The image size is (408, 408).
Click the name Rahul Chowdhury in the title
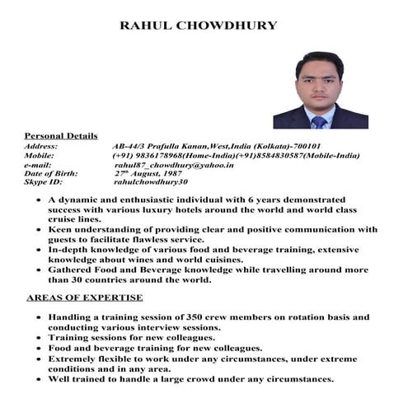199,26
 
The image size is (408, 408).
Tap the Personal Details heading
61,135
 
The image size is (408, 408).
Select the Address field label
41,145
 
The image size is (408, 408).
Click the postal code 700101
313,145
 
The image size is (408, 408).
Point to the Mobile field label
40,155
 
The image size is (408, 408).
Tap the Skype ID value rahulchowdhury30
151,182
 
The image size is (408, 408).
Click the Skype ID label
43,182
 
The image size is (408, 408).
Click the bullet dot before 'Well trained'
31,380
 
